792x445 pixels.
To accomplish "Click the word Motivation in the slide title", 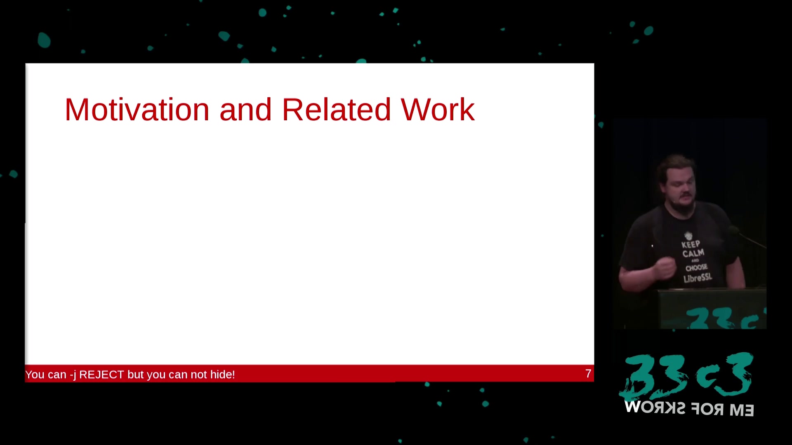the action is click(x=137, y=110).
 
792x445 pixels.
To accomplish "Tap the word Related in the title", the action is click(x=336, y=110).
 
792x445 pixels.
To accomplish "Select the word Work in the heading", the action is click(x=438, y=110).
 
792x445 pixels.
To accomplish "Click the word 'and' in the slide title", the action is click(x=245, y=110).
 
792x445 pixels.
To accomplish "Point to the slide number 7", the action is click(x=588, y=374).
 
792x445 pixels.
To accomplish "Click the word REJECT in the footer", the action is click(x=101, y=375).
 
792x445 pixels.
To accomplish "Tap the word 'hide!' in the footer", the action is click(x=223, y=375).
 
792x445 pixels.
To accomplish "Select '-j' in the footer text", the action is click(x=73, y=375).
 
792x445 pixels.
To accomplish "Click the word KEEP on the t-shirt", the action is click(x=691, y=244).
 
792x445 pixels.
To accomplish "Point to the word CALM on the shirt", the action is click(x=693, y=253).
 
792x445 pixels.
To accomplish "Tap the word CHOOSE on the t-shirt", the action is click(x=696, y=268).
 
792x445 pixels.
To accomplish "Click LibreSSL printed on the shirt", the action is click(x=698, y=278).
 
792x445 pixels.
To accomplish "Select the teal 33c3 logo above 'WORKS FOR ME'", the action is click(x=687, y=376).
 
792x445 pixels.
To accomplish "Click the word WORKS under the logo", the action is click(x=655, y=408).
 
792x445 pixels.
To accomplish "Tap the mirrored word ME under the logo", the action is click(x=742, y=410).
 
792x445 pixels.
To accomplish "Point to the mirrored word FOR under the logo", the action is click(x=707, y=409).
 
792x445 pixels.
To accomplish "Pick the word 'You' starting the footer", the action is click(x=35, y=375).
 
